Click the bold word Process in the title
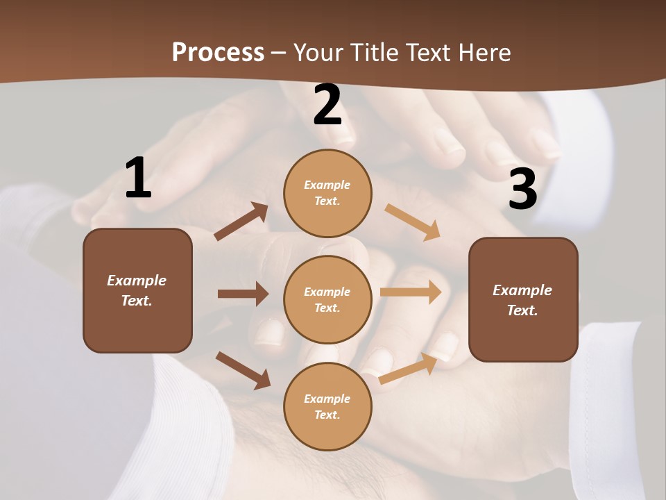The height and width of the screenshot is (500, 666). [218, 52]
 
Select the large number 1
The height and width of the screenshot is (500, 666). [138, 178]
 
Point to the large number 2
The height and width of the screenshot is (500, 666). [327, 105]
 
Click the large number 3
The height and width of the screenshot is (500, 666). [522, 189]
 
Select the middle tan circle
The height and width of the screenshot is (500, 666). [327, 299]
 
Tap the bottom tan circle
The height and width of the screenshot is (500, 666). [327, 406]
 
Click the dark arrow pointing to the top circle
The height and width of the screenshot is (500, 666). [241, 222]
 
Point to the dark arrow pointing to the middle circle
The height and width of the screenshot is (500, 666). [243, 294]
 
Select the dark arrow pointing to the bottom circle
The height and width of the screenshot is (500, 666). [243, 370]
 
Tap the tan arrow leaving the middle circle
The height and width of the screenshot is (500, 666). [411, 292]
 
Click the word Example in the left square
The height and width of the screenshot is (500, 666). [137, 281]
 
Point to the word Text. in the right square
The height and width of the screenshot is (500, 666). [522, 310]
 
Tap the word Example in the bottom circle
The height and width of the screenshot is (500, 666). [327, 399]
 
